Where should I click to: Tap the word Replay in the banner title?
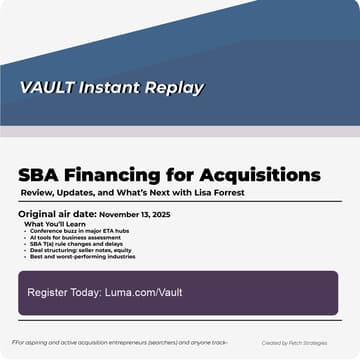point(174,87)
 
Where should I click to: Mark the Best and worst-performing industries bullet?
point(84,256)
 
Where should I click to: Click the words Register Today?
point(68,292)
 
